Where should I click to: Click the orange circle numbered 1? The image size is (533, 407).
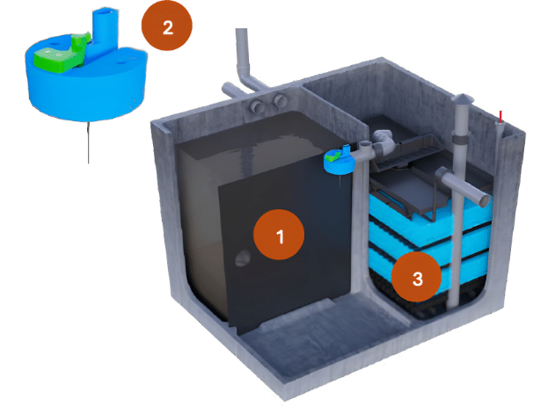(279, 235)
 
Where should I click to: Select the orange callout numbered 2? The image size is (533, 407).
(167, 25)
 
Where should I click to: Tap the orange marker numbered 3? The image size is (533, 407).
(416, 277)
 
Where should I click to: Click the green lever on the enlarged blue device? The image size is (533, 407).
(62, 54)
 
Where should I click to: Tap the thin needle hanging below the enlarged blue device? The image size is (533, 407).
(88, 142)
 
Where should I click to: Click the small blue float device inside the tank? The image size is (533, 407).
(340, 162)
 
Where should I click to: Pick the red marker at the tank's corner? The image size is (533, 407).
(500, 117)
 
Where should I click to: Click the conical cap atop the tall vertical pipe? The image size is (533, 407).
(463, 98)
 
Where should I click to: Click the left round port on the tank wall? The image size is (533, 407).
(258, 106)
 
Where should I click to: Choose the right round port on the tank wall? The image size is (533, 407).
(281, 100)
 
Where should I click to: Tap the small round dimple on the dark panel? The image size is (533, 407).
(242, 258)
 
